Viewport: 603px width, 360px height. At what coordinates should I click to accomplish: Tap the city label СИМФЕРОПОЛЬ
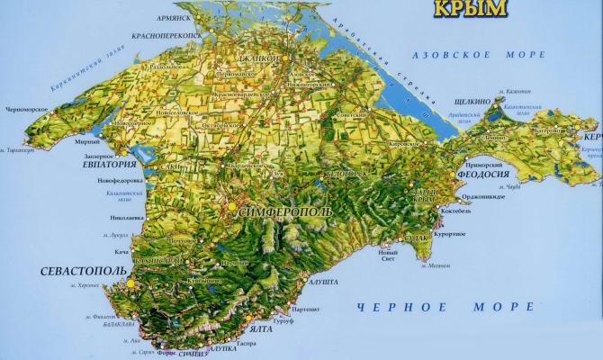284,211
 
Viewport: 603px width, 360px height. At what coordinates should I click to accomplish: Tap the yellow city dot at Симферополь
233,206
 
